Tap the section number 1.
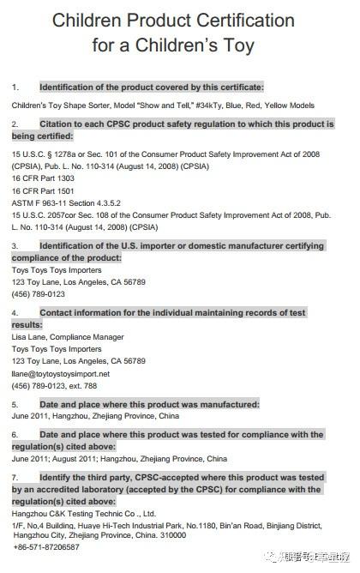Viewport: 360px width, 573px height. coord(15,87)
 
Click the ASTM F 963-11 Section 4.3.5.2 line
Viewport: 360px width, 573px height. coord(73,203)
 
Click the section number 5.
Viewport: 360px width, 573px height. coord(15,404)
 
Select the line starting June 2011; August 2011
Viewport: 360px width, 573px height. coord(120,458)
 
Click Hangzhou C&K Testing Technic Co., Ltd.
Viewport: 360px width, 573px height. coord(84,513)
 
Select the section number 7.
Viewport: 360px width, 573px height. coord(15,475)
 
